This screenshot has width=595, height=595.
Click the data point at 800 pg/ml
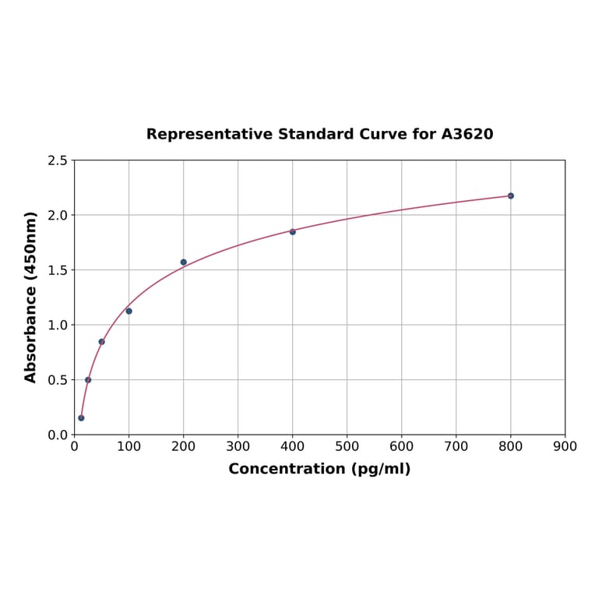[511, 195]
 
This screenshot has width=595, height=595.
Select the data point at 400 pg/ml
[293, 231]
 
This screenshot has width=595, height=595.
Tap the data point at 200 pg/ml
[184, 262]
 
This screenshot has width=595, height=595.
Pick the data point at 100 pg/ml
[129, 311]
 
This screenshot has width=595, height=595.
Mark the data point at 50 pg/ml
[101, 341]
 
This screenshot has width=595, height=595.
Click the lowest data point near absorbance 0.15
[81, 417]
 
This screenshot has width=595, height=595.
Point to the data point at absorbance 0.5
[88, 380]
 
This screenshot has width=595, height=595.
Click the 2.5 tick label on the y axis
[58, 160]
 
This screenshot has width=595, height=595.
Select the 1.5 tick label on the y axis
[58, 270]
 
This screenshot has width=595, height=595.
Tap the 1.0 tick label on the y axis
[58, 325]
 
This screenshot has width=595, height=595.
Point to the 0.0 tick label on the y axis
[58, 435]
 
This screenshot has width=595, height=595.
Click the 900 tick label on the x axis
[565, 446]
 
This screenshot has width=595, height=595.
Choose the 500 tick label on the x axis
[347, 446]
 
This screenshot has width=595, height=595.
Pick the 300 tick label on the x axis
[238, 446]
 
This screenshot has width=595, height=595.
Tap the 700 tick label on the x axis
[456, 446]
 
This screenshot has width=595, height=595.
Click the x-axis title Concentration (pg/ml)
[319, 469]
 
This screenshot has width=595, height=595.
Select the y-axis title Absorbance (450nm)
[31, 297]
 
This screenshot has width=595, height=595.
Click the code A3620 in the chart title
[467, 134]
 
